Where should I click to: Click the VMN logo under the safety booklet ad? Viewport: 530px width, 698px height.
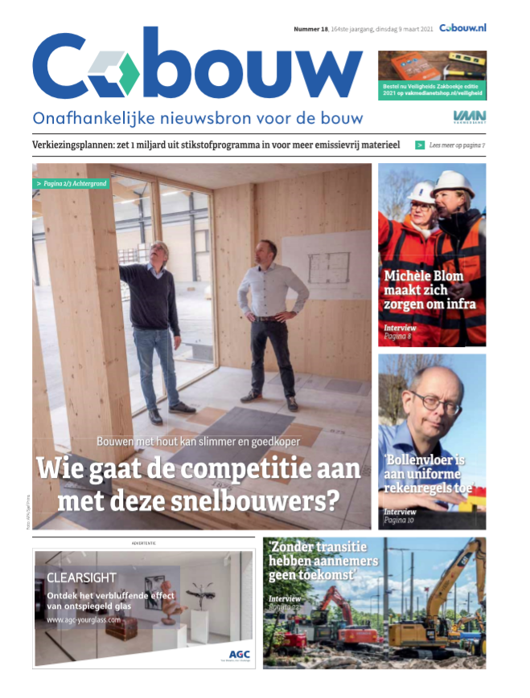(x=469, y=117)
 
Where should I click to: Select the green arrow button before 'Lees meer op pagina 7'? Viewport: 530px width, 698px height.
(x=420, y=145)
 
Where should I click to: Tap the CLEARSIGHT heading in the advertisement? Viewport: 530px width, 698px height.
(x=81, y=578)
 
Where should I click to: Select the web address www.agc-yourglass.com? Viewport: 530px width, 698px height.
(x=84, y=620)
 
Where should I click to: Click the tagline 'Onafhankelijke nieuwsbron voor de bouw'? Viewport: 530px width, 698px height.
(x=197, y=118)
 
